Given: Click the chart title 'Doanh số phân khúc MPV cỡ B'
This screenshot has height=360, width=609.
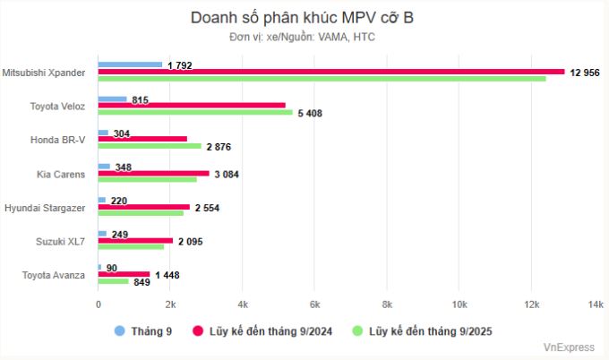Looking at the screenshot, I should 303,18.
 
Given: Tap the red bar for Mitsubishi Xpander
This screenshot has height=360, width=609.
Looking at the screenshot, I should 330,72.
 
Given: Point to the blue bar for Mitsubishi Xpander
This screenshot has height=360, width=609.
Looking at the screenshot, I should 130,64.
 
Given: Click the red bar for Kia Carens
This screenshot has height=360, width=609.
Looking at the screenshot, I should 153,173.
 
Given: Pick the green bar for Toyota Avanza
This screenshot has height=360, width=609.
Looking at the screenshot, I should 113,281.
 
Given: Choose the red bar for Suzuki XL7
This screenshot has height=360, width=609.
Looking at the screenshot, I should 135,240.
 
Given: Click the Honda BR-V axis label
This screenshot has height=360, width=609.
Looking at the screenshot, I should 58,139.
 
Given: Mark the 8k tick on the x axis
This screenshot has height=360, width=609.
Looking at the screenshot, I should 387,305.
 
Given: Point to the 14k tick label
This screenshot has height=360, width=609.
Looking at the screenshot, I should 596,305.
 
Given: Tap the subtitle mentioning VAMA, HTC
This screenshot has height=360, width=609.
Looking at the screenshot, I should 303,37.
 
